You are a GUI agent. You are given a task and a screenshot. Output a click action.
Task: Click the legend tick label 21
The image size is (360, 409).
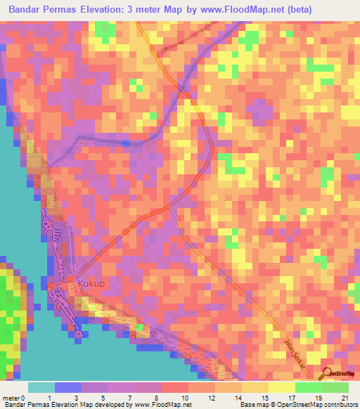[345, 398]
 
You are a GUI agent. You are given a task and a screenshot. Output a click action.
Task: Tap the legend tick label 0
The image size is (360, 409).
[23, 398]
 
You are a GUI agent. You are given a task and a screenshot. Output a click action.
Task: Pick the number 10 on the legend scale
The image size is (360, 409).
[184, 398]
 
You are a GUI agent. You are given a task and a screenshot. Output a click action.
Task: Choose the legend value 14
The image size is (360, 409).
[238, 398]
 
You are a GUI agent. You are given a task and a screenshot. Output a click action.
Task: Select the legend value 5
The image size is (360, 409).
[103, 398]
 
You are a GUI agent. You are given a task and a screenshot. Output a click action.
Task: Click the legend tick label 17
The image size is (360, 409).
[291, 398]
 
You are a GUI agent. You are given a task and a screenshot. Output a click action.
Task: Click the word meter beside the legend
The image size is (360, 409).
[10, 398]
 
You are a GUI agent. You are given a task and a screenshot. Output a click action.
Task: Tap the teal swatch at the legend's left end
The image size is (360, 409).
[41, 387]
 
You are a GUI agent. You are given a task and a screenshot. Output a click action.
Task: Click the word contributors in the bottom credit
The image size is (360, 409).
[338, 405]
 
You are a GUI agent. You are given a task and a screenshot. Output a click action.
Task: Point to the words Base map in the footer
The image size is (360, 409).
[252, 405]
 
